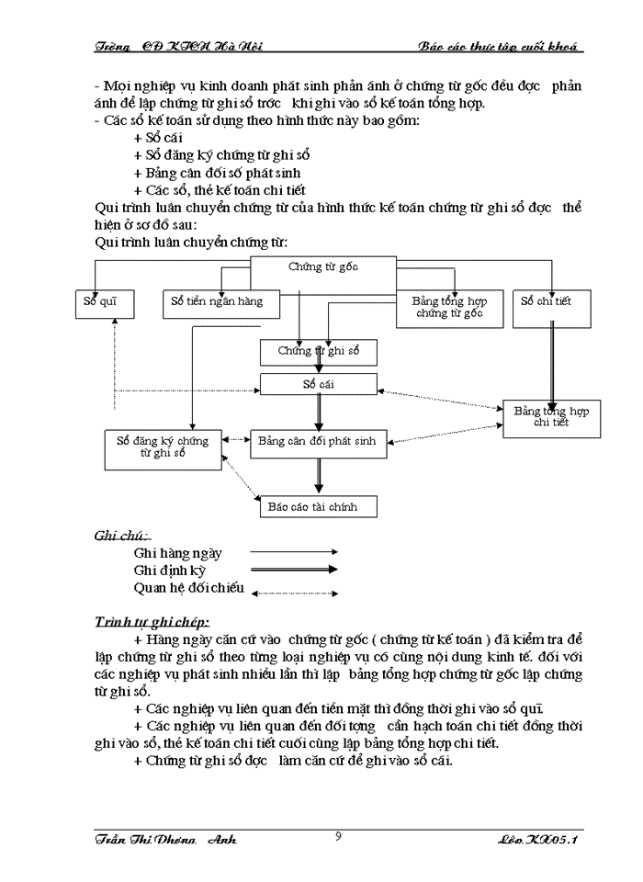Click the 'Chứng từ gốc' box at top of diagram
tap(322, 267)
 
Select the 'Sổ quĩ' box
tap(104, 303)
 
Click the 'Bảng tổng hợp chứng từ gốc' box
tap(450, 309)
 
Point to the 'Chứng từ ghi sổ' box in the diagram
tap(319, 352)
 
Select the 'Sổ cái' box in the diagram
tap(319, 383)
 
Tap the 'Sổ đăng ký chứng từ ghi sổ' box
tap(164, 448)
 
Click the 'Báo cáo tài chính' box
tap(317, 507)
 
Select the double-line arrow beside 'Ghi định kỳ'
tap(294, 571)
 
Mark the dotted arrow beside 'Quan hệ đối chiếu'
tap(294, 593)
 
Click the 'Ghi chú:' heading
tap(122, 536)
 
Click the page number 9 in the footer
tap(339, 836)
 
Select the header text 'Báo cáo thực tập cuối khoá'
tap(501, 46)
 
